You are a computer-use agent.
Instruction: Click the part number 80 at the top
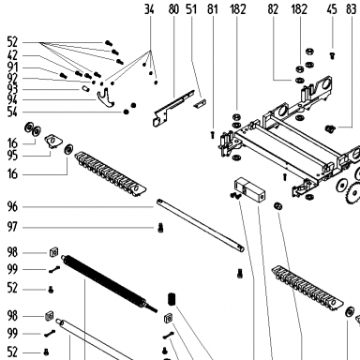[x=173, y=9]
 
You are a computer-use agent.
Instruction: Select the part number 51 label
[x=191, y=9]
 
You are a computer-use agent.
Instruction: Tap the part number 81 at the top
[x=213, y=9]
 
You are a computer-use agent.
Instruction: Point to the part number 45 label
[x=332, y=9]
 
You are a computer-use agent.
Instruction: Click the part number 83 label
[x=352, y=9]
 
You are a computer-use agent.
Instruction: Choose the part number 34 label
[x=149, y=9]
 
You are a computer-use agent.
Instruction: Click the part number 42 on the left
[x=12, y=55]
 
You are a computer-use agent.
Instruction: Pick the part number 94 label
[x=12, y=99]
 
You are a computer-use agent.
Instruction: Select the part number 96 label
[x=12, y=206]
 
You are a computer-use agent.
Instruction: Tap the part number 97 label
[x=12, y=227]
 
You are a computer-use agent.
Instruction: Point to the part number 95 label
[x=12, y=156]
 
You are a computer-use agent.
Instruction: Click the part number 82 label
[x=273, y=9]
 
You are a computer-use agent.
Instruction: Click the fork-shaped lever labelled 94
[x=105, y=98]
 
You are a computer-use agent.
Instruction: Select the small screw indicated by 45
[x=332, y=56]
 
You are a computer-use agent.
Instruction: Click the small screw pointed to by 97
[x=160, y=228]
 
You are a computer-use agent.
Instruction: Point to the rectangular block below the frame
[x=250, y=190]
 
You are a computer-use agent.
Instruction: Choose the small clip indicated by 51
[x=200, y=103]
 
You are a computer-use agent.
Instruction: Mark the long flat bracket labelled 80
[x=172, y=108]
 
